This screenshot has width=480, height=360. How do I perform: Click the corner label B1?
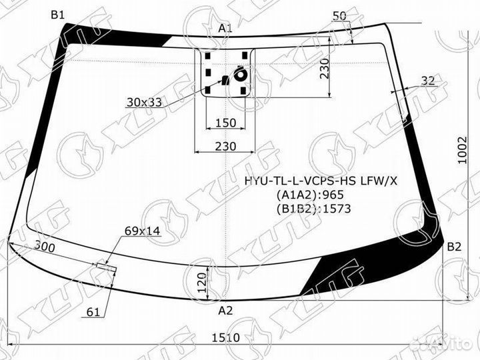pos(58,14)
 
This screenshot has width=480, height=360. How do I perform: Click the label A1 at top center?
pos(225,27)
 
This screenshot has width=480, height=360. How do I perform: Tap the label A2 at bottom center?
pos(226,310)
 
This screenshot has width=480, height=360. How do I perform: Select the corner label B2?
pos(454,247)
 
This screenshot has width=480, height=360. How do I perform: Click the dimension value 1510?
pos(226,338)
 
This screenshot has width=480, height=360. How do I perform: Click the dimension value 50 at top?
pos(339,15)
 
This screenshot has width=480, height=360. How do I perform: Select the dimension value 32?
pos(428,81)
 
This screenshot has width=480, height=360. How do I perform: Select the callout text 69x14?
pos(143,231)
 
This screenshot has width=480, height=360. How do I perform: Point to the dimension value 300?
pos(44,247)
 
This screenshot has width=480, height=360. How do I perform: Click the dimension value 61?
pos(94,311)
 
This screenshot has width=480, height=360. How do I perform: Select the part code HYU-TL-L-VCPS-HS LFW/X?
pos(319,180)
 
